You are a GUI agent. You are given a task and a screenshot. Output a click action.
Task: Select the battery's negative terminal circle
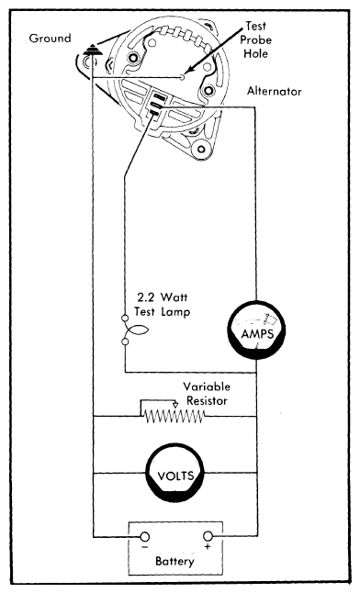point(144,535)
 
